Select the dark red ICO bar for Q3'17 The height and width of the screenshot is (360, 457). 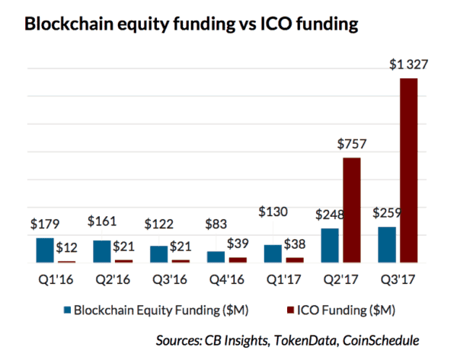(409, 170)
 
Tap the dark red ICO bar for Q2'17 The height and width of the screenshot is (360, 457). (351, 209)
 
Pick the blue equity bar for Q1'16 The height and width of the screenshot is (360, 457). (45, 250)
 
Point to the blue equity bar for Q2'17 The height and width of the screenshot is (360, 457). (330, 244)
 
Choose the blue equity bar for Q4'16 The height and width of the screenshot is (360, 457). (216, 256)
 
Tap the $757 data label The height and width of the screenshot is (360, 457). (350, 145)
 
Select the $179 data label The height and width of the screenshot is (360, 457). (44, 225)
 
